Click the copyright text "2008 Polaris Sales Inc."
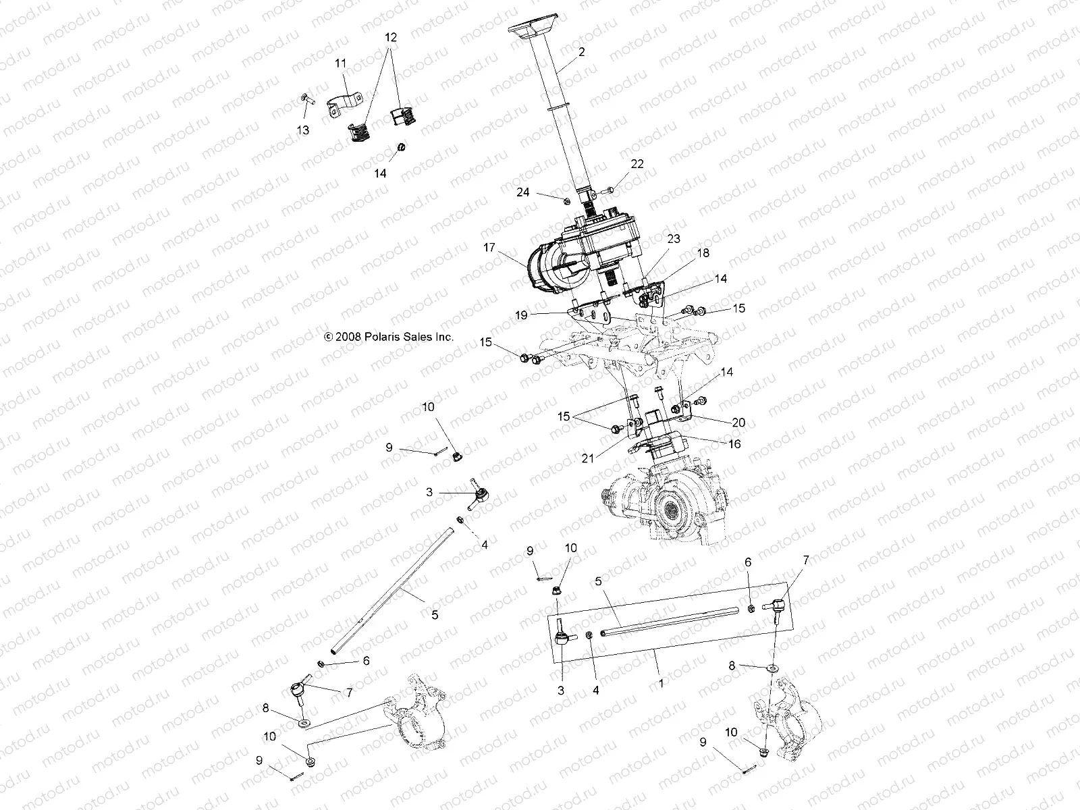389,336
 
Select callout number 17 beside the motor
489,248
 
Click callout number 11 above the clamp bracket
341,63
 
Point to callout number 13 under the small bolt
303,130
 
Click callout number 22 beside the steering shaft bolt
637,164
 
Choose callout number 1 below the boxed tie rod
661,682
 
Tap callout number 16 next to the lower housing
734,443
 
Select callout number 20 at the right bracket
738,423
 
